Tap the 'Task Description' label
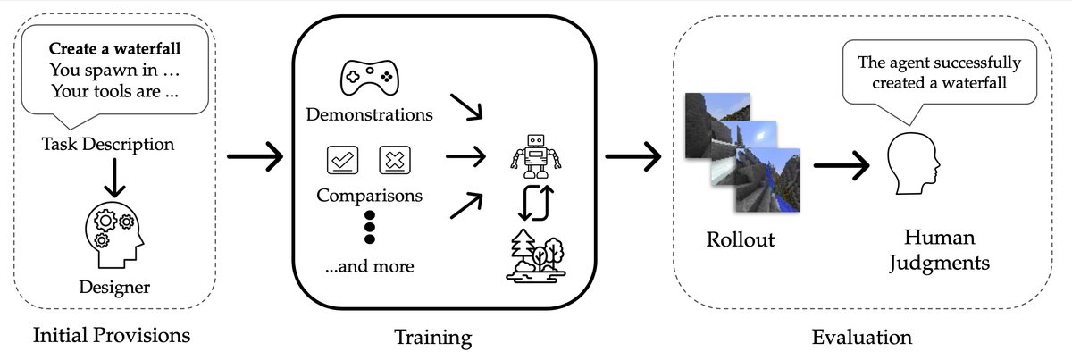[x=108, y=143]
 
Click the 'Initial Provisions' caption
[x=112, y=336]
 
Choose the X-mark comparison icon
[x=394, y=161]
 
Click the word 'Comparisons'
[x=370, y=194]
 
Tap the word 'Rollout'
[x=740, y=242]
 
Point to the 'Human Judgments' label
[x=946, y=251]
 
